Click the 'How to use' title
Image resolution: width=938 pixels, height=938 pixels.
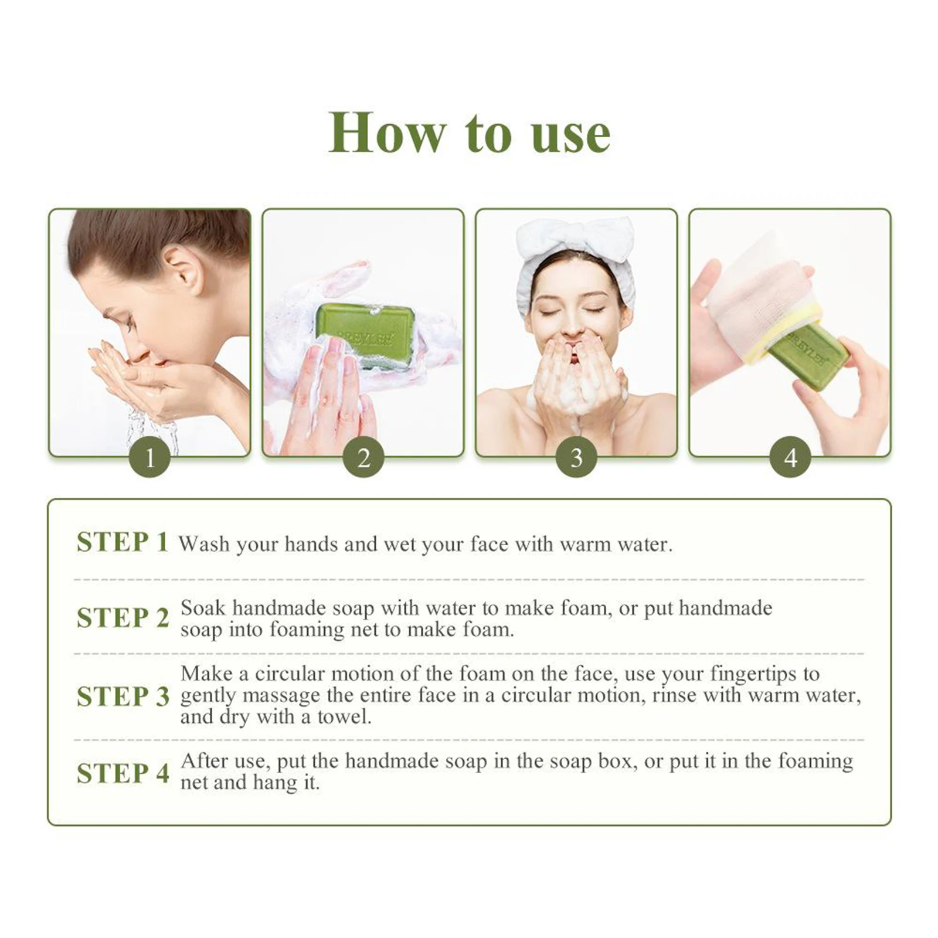(469, 134)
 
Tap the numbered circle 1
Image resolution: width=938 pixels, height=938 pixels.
(150, 458)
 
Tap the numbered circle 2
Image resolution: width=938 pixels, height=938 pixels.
(363, 458)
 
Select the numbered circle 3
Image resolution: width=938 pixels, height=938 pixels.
(577, 458)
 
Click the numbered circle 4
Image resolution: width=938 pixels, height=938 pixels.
(790, 458)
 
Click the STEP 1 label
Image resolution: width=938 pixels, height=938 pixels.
(123, 542)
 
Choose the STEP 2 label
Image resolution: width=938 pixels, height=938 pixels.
(123, 618)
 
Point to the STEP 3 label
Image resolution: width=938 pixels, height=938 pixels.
(123, 696)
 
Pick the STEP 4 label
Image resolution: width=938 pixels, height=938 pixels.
(123, 773)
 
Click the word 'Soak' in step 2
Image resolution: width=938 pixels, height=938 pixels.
(202, 608)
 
